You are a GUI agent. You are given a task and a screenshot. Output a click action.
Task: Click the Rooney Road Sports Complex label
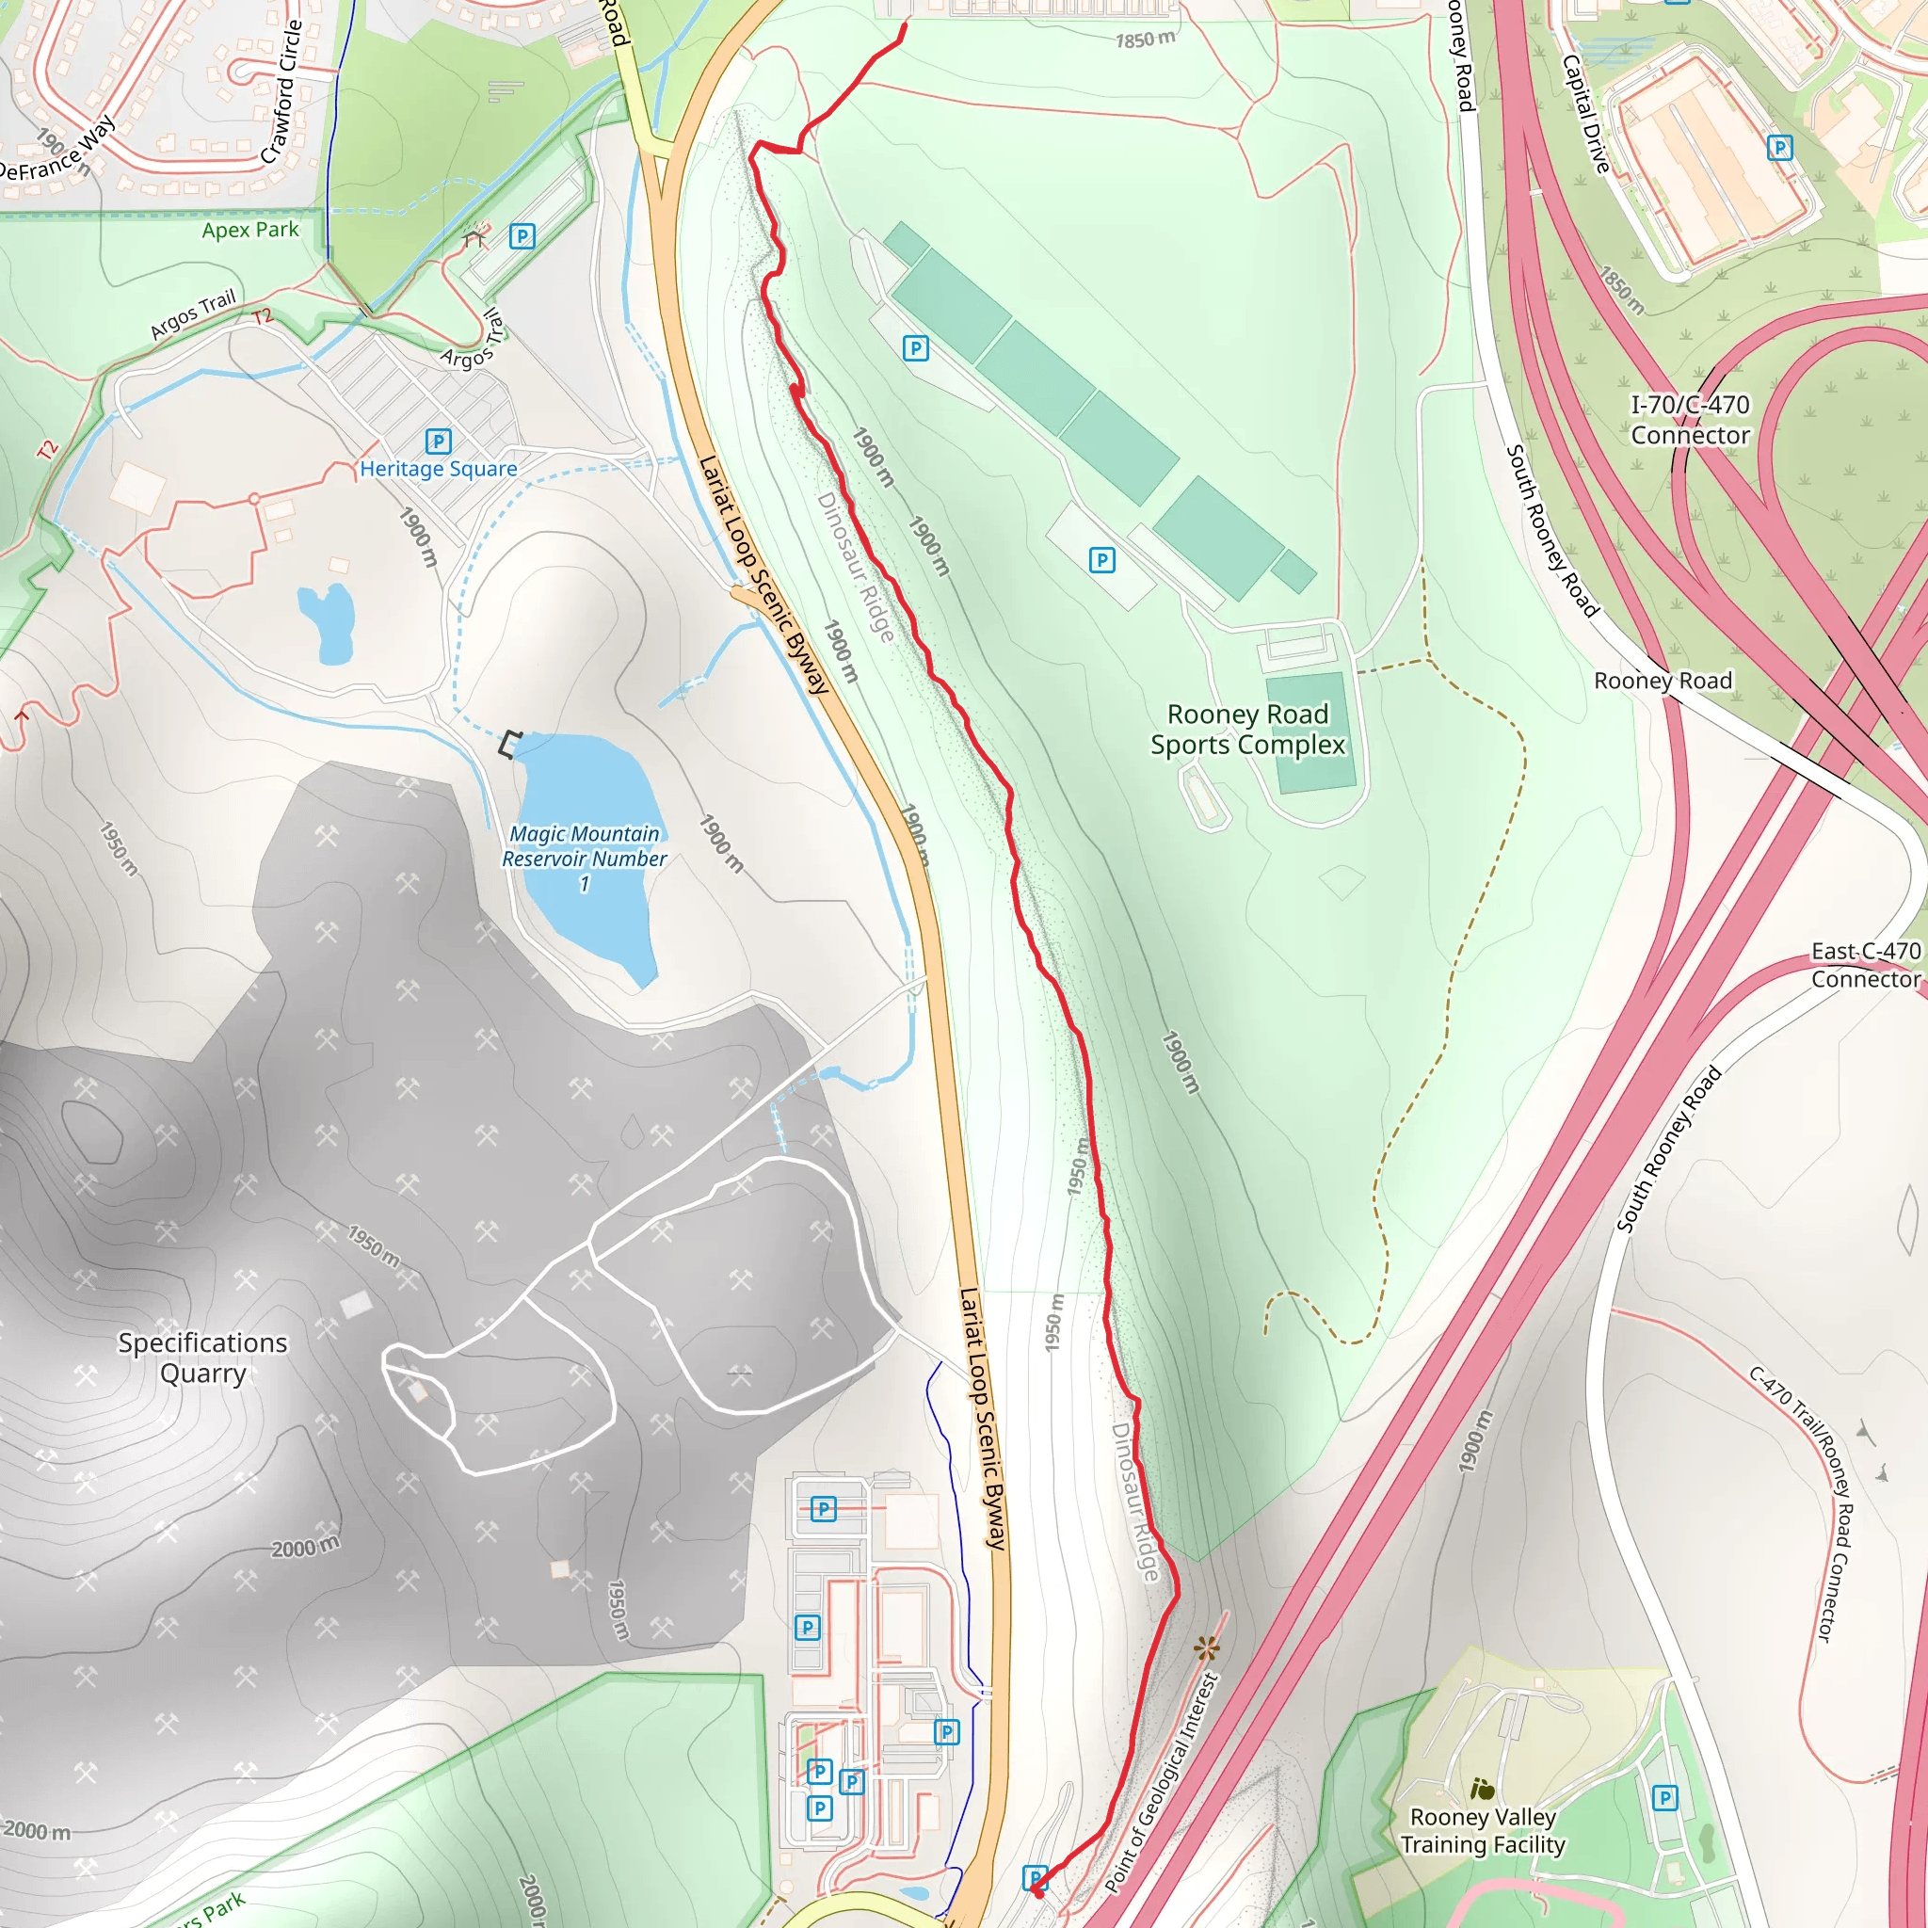coord(1247,730)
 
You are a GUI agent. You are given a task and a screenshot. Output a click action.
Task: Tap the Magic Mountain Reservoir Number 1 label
coord(585,859)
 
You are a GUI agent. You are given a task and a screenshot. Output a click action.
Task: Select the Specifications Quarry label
coord(202,1358)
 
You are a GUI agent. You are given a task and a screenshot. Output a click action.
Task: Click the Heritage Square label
coord(438,469)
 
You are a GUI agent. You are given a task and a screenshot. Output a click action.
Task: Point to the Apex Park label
coord(249,230)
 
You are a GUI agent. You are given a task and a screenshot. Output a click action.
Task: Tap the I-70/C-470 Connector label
coord(1690,420)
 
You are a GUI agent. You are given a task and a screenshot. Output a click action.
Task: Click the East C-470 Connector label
coord(1865,965)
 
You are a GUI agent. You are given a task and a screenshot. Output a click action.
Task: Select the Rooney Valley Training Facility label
coord(1482,1830)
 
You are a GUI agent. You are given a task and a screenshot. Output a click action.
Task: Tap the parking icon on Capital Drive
coord(1779,149)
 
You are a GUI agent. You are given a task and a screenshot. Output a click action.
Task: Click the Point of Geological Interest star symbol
coord(1208,1648)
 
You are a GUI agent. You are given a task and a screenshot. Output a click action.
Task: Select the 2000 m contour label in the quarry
coord(305,1548)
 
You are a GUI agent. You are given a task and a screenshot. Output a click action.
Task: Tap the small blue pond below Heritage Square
coord(327,620)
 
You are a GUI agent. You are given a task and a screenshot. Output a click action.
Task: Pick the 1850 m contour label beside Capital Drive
coord(1622,290)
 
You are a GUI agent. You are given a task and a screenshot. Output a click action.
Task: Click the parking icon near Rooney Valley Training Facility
coord(1664,1798)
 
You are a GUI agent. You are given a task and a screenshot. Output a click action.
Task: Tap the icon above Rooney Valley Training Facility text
coord(1482,1789)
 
